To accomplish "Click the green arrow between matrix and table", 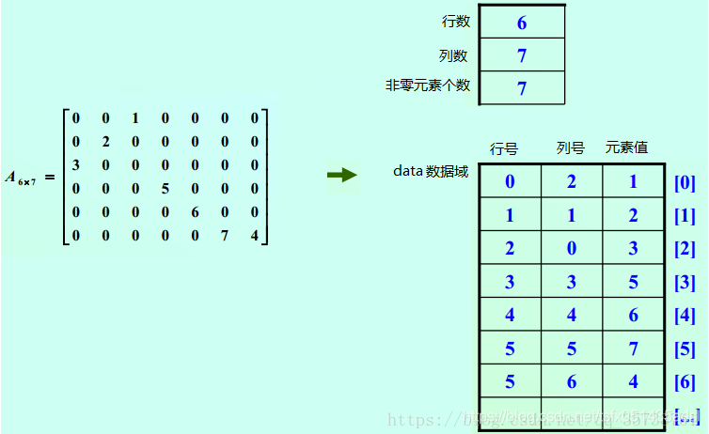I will tap(342, 175).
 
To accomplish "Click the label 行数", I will tap(456, 21).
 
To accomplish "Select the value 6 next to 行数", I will tap(522, 23).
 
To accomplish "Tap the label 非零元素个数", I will tap(428, 85).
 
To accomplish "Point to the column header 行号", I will tap(504, 148).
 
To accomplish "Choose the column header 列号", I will tap(570, 148).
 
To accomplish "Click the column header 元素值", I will tap(626, 147).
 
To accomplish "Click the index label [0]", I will tap(685, 182).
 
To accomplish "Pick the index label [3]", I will tap(685, 282).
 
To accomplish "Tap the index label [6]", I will tap(685, 381).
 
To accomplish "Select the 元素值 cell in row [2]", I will tap(633, 249).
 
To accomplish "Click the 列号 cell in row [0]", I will tap(572, 182).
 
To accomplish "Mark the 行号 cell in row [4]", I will tap(510, 316).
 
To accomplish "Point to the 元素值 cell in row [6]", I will tap(633, 382).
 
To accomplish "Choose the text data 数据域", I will tap(430, 172).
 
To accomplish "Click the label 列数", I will tap(453, 55).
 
